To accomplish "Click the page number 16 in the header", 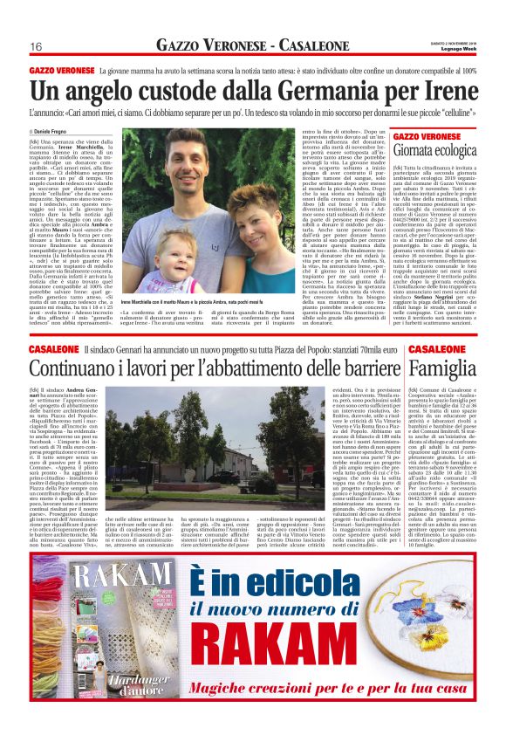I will [37, 46].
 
